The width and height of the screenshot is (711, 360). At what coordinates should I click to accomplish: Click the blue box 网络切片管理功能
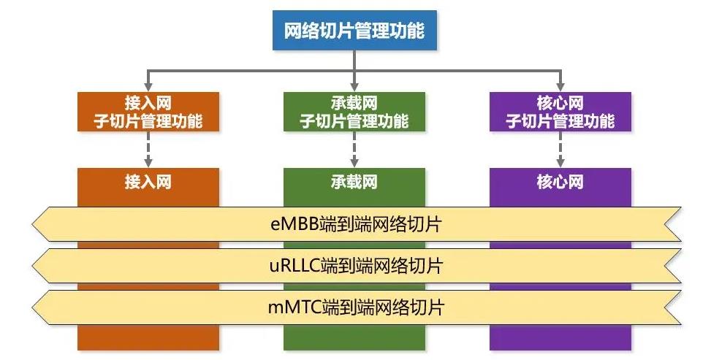(x=354, y=31)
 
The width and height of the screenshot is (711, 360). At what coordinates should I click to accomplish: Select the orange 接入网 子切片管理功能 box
(x=148, y=112)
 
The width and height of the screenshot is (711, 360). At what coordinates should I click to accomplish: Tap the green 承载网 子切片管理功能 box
(x=354, y=112)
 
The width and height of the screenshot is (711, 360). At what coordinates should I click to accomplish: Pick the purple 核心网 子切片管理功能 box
(x=560, y=112)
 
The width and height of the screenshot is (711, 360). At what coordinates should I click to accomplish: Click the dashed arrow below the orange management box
(x=148, y=150)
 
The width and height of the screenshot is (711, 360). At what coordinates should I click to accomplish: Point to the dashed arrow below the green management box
(x=354, y=150)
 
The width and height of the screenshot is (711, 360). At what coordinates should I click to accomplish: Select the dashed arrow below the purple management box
(x=560, y=150)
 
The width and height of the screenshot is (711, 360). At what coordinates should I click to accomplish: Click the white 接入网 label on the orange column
(x=148, y=183)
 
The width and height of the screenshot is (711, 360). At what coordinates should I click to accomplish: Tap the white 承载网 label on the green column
(x=354, y=183)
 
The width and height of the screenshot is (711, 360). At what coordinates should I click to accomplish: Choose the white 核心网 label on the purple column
(x=560, y=183)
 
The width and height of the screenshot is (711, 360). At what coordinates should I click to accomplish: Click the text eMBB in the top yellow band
(x=294, y=224)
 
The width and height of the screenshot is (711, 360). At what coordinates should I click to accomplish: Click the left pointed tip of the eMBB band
(x=32, y=224)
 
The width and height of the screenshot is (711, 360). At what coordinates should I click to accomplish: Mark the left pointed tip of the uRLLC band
(x=32, y=266)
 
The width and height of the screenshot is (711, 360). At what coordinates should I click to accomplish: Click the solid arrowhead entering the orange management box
(x=148, y=87)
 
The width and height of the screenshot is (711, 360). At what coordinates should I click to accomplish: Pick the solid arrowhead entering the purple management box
(x=560, y=87)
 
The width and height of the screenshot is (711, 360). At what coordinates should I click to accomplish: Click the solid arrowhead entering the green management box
(x=354, y=87)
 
